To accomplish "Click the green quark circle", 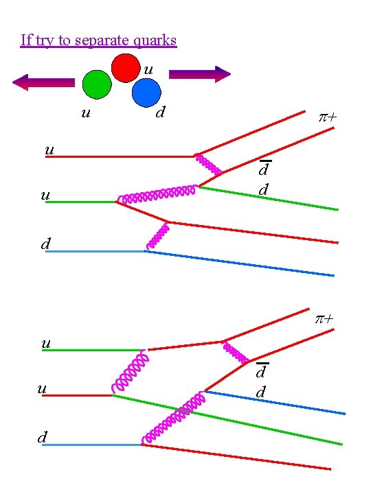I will point(96,84).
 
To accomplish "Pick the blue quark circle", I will point(146,93).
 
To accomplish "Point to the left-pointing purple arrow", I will point(43,82).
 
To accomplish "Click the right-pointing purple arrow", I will point(199,74).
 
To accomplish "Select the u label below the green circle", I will point(85,112).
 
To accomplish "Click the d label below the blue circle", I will point(159,111).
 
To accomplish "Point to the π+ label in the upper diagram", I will point(327,117).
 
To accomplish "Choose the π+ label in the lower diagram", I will point(325,319).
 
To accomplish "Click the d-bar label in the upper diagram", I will point(263,169).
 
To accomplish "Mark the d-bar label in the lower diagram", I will point(262,371).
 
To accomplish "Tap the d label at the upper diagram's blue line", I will point(45,244).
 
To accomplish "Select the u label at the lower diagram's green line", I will point(46,343).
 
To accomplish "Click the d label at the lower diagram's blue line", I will point(43,437).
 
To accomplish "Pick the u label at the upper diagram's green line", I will point(45,195).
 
